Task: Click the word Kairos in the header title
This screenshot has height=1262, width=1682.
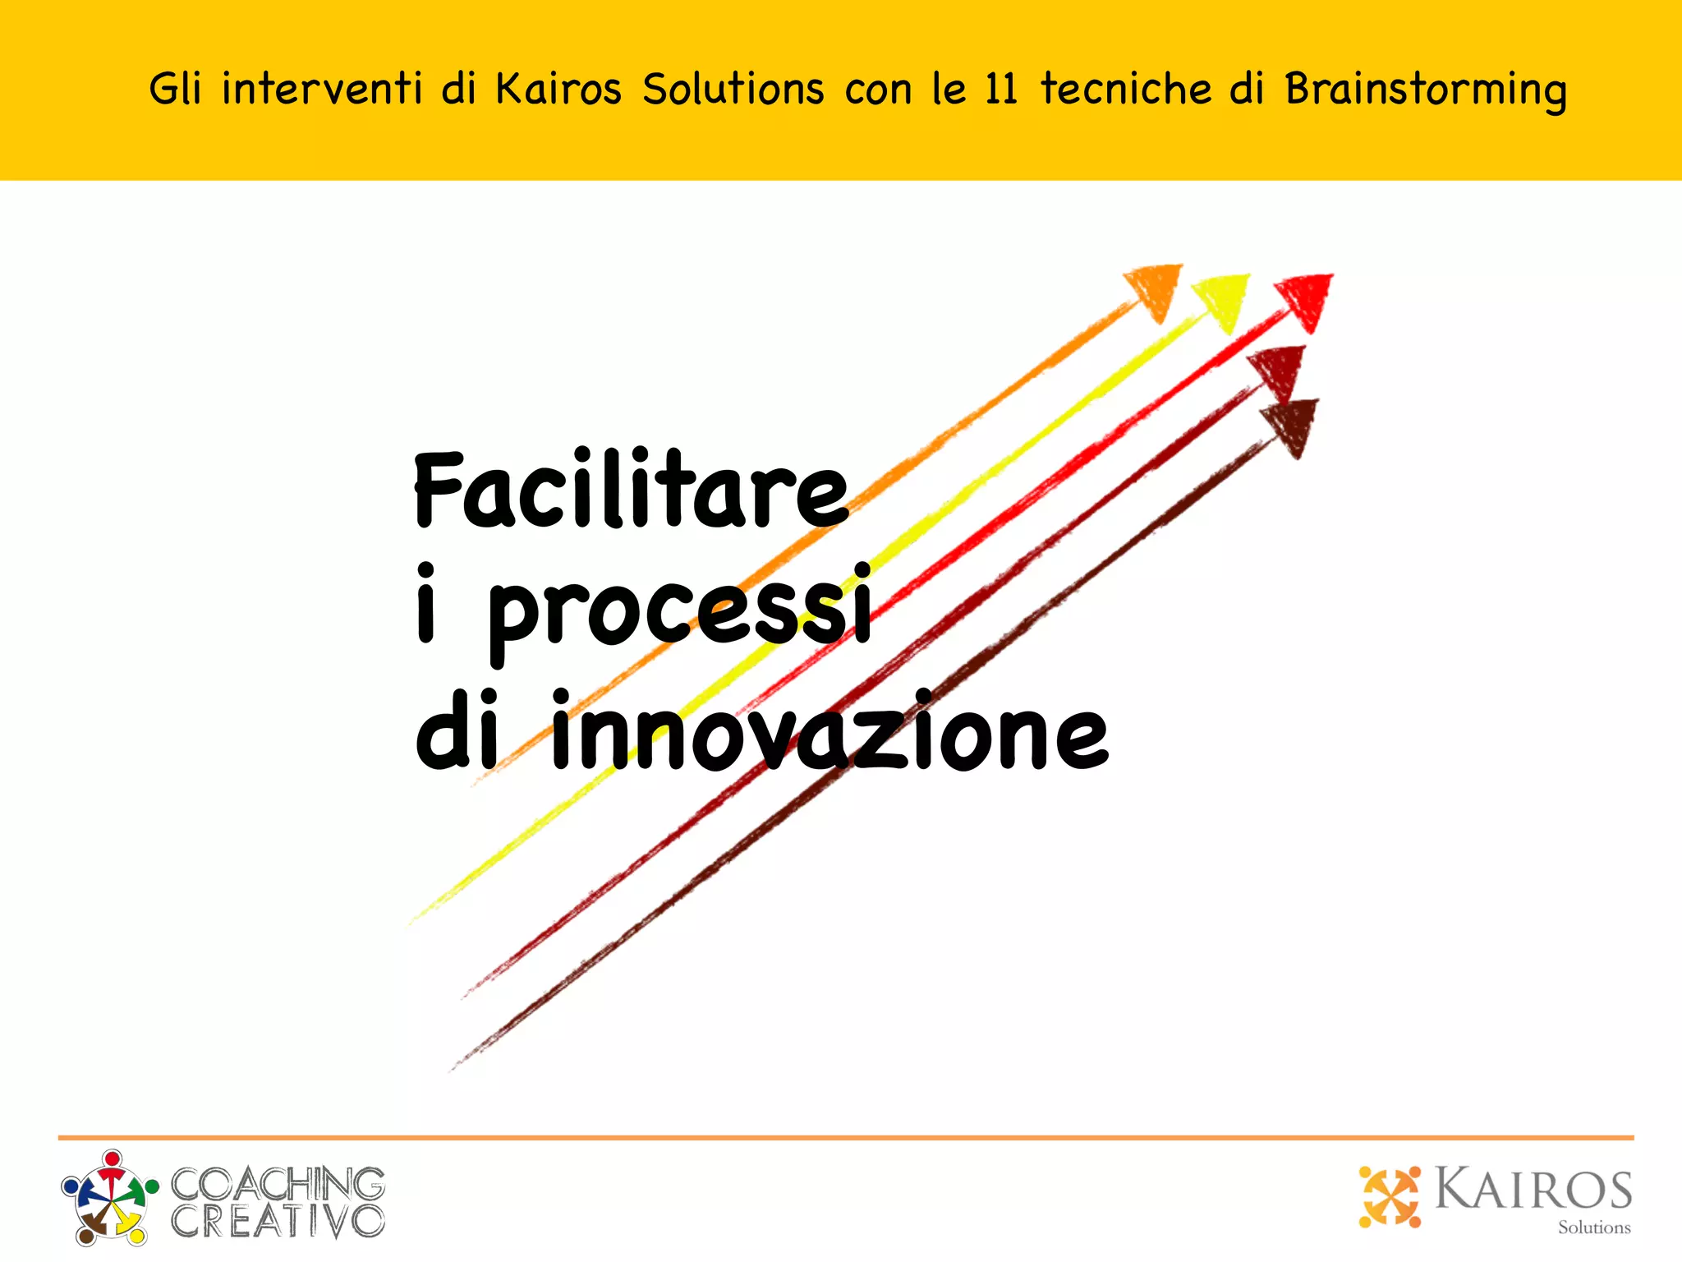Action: pyautogui.click(x=558, y=89)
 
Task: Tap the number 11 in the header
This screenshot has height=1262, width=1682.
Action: pyautogui.click(x=1001, y=89)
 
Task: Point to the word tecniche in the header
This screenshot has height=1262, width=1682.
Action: pyautogui.click(x=1126, y=89)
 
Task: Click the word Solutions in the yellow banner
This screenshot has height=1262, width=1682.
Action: pyautogui.click(x=733, y=89)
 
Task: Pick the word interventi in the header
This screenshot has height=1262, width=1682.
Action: pyautogui.click(x=322, y=89)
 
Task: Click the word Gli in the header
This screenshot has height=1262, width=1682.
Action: pyautogui.click(x=175, y=89)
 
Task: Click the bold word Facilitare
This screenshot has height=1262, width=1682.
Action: pyautogui.click(x=631, y=491)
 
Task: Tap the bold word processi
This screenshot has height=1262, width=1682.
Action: pyautogui.click(x=680, y=611)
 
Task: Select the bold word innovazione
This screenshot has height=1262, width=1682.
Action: pyautogui.click(x=830, y=731)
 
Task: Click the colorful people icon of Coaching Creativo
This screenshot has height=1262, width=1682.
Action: pyautogui.click(x=109, y=1196)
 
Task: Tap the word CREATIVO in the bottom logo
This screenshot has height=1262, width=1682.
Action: pyautogui.click(x=278, y=1221)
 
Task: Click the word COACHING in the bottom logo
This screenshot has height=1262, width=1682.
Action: pyautogui.click(x=278, y=1184)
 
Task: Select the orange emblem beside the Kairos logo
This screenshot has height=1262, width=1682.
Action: pyautogui.click(x=1390, y=1196)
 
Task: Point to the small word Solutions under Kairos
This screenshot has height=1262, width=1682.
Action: pyautogui.click(x=1594, y=1227)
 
